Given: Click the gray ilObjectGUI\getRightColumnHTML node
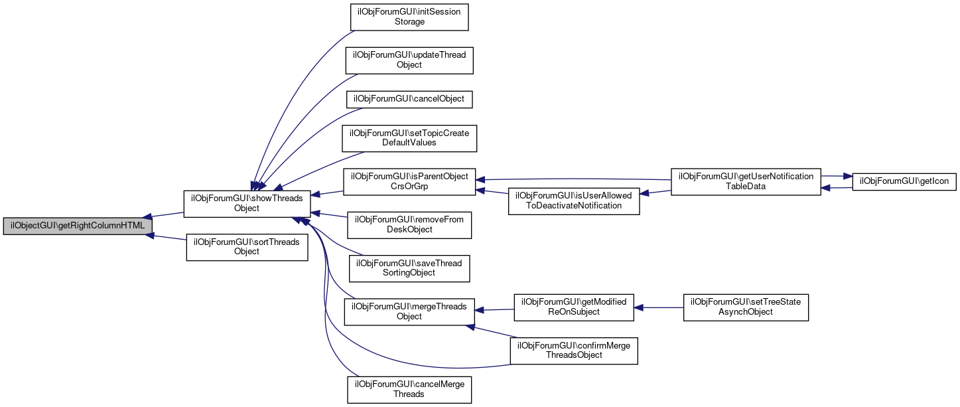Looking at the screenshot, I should click(x=78, y=226).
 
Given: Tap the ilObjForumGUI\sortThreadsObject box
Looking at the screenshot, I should click(x=247, y=247).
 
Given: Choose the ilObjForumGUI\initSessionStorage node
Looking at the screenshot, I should click(x=409, y=17).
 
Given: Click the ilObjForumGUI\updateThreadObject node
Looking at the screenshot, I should click(x=409, y=60).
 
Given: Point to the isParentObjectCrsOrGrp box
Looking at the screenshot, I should click(x=410, y=182).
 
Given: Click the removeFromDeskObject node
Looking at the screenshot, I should click(x=409, y=225).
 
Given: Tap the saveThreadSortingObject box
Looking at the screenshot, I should click(x=409, y=268).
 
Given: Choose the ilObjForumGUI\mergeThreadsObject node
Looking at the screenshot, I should click(x=409, y=311).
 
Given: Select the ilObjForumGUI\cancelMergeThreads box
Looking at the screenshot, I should click(x=409, y=389).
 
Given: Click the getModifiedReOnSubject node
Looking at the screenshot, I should click(x=573, y=307).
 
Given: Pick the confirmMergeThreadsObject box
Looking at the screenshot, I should click(x=573, y=350).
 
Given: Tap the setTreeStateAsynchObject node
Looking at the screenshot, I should click(x=746, y=307).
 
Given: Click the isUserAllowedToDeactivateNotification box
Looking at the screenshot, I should click(x=573, y=201).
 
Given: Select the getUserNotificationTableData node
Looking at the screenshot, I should click(x=746, y=182).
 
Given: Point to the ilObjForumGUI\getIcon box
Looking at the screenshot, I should click(x=904, y=182).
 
